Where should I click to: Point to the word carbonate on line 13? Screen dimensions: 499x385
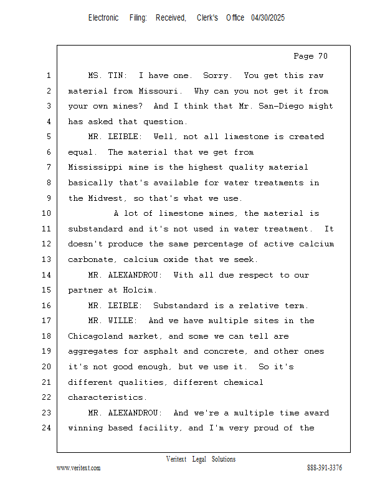[x=90, y=259]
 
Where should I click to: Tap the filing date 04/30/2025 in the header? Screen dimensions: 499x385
[x=268, y=18]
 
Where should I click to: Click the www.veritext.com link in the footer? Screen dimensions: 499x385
[x=78, y=468]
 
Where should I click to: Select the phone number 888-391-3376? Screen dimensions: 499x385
[x=325, y=468]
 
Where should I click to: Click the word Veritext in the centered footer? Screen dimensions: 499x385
[x=176, y=459]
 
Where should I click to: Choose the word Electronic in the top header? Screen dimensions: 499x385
[x=103, y=18]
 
